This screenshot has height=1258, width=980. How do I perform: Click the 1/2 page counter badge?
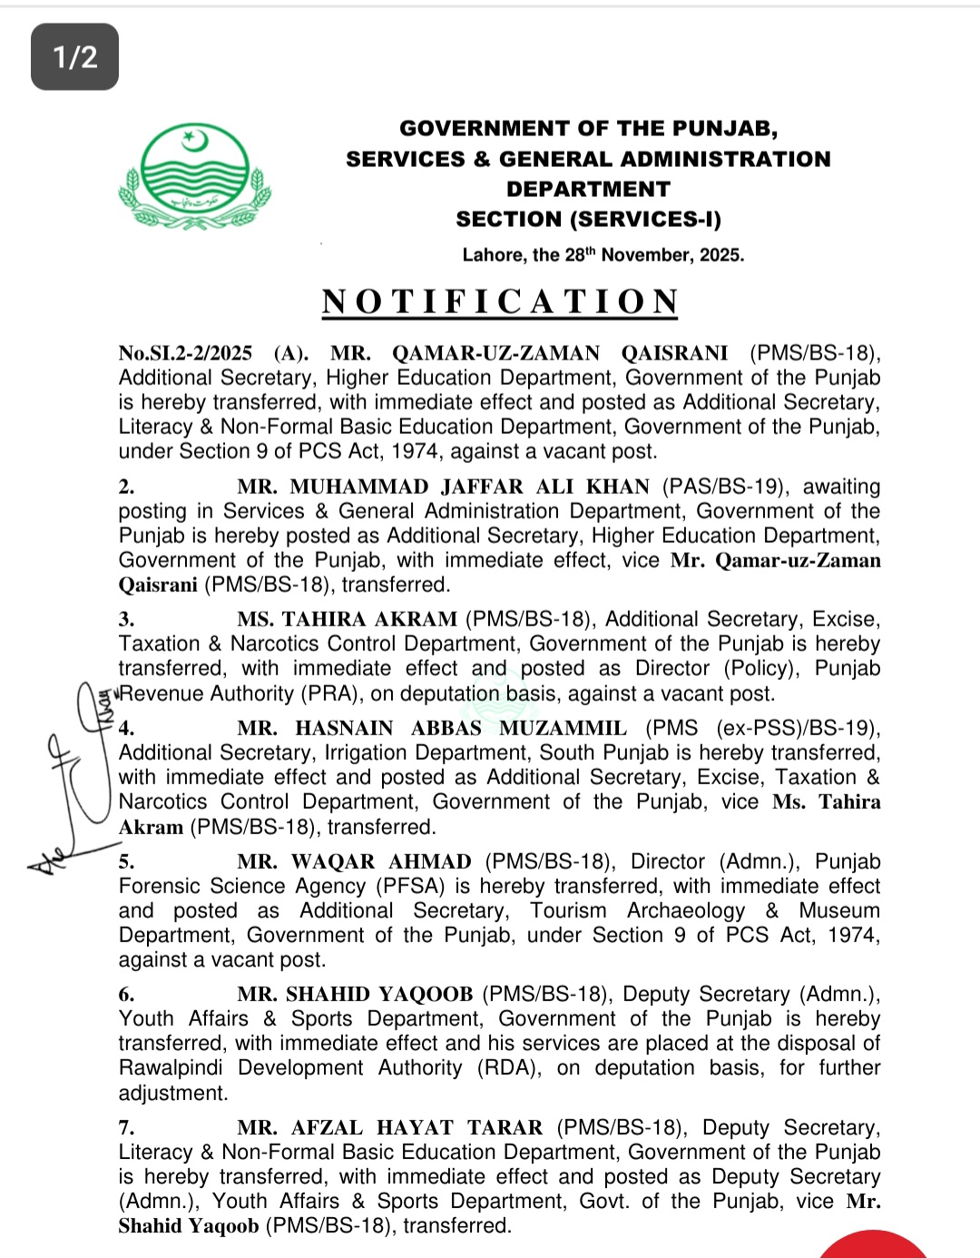pyautogui.click(x=74, y=57)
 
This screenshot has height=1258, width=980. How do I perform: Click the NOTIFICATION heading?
pyautogui.click(x=500, y=302)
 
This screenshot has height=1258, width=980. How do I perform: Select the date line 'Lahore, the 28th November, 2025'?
pyautogui.click(x=603, y=255)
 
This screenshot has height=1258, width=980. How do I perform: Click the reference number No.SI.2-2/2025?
pyautogui.click(x=185, y=353)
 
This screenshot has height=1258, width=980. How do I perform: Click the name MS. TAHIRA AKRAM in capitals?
pyautogui.click(x=348, y=619)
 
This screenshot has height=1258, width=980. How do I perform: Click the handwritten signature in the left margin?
pyautogui.click(x=73, y=781)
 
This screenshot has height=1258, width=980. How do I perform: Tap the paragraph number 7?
pyautogui.click(x=126, y=1127)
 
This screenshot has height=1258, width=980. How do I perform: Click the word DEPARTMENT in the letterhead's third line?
pyautogui.click(x=588, y=189)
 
